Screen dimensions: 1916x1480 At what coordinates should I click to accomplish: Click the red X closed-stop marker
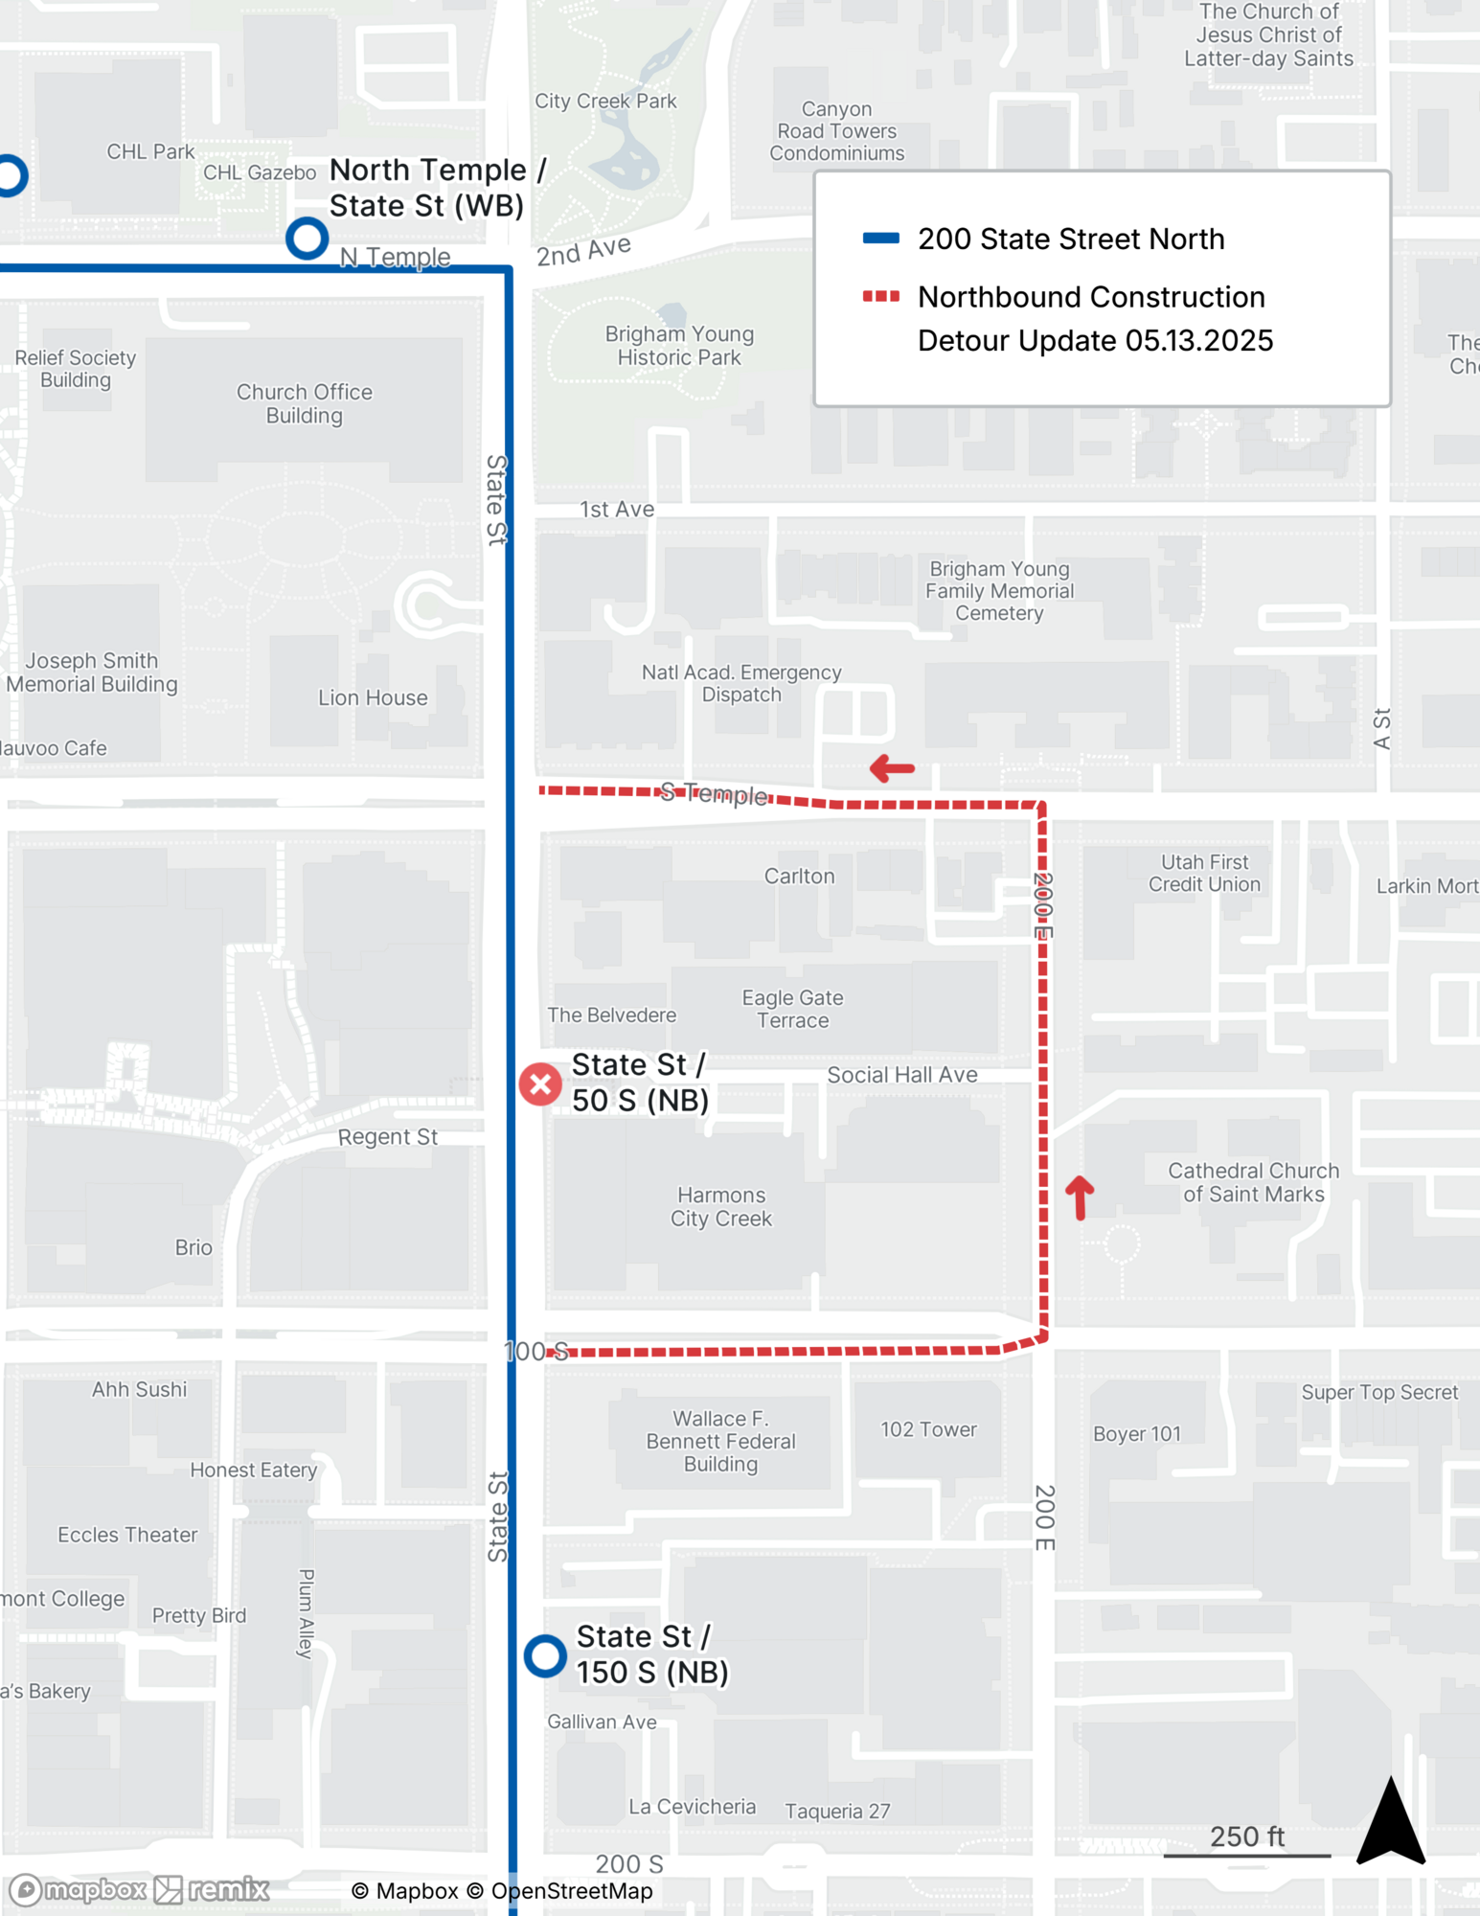tap(540, 1084)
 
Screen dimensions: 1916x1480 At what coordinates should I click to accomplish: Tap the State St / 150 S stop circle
tap(545, 1655)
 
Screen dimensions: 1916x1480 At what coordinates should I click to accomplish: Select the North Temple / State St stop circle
tap(307, 238)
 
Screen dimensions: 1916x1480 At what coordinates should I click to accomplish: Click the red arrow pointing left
tap(892, 767)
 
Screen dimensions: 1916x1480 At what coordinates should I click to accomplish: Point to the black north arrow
tap(1391, 1822)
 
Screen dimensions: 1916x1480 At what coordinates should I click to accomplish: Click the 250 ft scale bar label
tap(1246, 1836)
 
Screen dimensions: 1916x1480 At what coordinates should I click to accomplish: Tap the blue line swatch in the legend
tap(880, 239)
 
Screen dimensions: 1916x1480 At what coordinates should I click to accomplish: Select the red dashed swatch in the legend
tap(880, 297)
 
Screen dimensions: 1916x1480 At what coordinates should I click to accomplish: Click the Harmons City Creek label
tap(720, 1207)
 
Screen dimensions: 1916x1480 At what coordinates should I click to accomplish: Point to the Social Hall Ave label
tap(901, 1075)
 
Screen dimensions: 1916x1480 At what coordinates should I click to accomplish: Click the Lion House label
tap(373, 697)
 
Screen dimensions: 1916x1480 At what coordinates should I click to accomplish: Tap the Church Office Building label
tap(304, 403)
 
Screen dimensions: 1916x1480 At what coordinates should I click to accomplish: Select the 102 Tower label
tap(928, 1429)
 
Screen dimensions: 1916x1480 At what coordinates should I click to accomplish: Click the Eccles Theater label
tap(127, 1535)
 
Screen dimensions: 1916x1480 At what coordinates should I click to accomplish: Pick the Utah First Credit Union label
tap(1204, 873)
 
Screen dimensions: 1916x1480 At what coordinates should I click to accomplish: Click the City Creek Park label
tap(605, 101)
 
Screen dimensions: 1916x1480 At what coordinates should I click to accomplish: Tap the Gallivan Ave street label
tap(602, 1722)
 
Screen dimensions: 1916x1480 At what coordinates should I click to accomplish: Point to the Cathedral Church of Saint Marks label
tap(1253, 1182)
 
